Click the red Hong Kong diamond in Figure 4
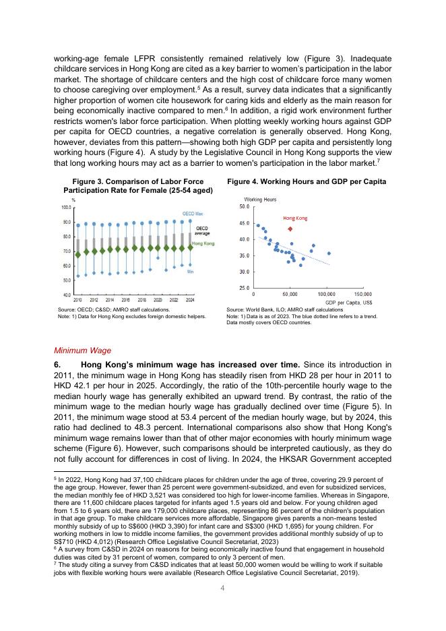(290, 229)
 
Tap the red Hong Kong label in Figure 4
(295, 218)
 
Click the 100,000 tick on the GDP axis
(327, 295)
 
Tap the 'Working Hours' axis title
(260, 200)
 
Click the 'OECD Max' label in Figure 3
(193, 213)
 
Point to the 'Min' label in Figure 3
(191, 271)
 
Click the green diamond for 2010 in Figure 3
(78, 255)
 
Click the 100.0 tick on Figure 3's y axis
(67, 207)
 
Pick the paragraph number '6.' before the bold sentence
(58, 365)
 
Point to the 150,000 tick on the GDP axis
(363, 295)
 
